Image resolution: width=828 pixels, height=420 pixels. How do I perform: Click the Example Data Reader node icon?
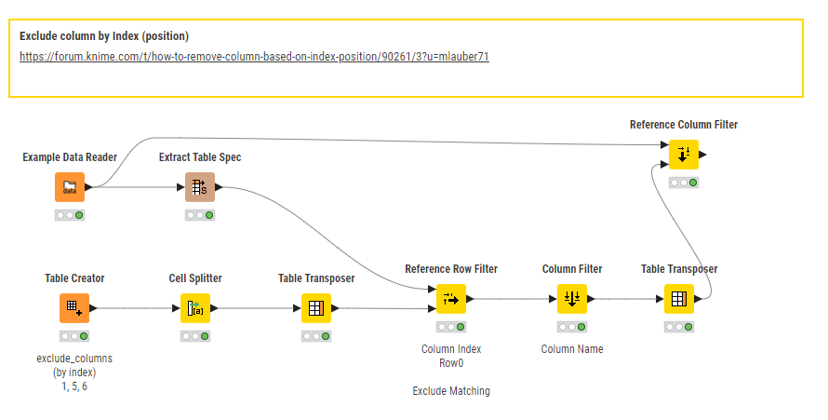click(70, 187)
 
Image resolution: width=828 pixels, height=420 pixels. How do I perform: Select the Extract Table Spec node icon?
click(200, 187)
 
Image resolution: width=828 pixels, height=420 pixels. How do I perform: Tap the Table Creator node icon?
click(74, 307)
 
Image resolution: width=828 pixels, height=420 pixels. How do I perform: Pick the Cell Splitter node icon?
click(195, 307)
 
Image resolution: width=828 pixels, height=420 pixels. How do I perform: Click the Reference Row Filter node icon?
click(451, 299)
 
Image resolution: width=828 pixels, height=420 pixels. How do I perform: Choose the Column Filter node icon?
click(572, 299)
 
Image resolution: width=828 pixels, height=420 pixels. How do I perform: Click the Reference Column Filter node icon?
click(684, 155)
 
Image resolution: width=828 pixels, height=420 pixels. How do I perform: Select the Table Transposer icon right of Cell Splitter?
click(316, 307)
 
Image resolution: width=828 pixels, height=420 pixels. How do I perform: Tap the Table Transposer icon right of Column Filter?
click(679, 299)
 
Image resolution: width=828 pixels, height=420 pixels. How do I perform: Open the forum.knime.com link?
click(254, 57)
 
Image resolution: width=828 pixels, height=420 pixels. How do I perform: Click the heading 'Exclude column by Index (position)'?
click(104, 36)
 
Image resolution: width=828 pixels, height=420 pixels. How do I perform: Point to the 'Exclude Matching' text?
click(451, 391)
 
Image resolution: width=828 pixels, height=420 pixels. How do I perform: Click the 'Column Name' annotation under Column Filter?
click(572, 349)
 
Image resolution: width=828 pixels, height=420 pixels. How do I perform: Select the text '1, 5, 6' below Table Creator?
click(74, 386)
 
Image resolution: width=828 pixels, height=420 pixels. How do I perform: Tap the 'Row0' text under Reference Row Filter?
click(451, 363)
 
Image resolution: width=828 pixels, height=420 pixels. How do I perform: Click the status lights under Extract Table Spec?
click(200, 215)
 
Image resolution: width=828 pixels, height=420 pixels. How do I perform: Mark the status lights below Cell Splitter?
click(195, 335)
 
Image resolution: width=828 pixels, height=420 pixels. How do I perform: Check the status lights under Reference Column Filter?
click(684, 183)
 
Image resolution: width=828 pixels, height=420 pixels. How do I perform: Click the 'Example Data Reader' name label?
click(70, 157)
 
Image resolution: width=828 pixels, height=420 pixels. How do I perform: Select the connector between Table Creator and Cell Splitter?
click(135, 307)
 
